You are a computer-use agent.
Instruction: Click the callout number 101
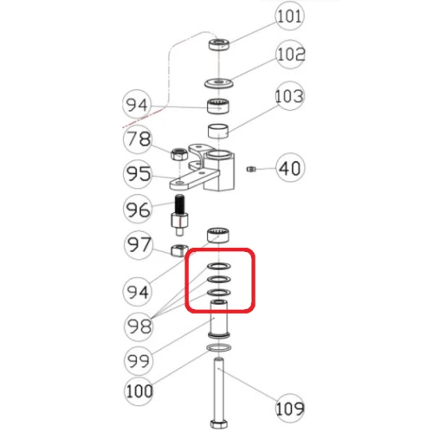(290, 16)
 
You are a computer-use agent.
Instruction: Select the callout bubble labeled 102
(291, 55)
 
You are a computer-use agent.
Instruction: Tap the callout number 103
(291, 94)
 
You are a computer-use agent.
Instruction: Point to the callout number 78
(137, 139)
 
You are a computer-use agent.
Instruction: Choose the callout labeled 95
(137, 175)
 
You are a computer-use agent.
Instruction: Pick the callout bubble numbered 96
(137, 210)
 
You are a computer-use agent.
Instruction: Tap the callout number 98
(137, 326)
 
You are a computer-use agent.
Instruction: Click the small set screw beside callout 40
(249, 167)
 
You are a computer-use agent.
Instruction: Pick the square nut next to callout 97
(178, 251)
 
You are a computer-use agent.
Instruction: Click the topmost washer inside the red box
(217, 266)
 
